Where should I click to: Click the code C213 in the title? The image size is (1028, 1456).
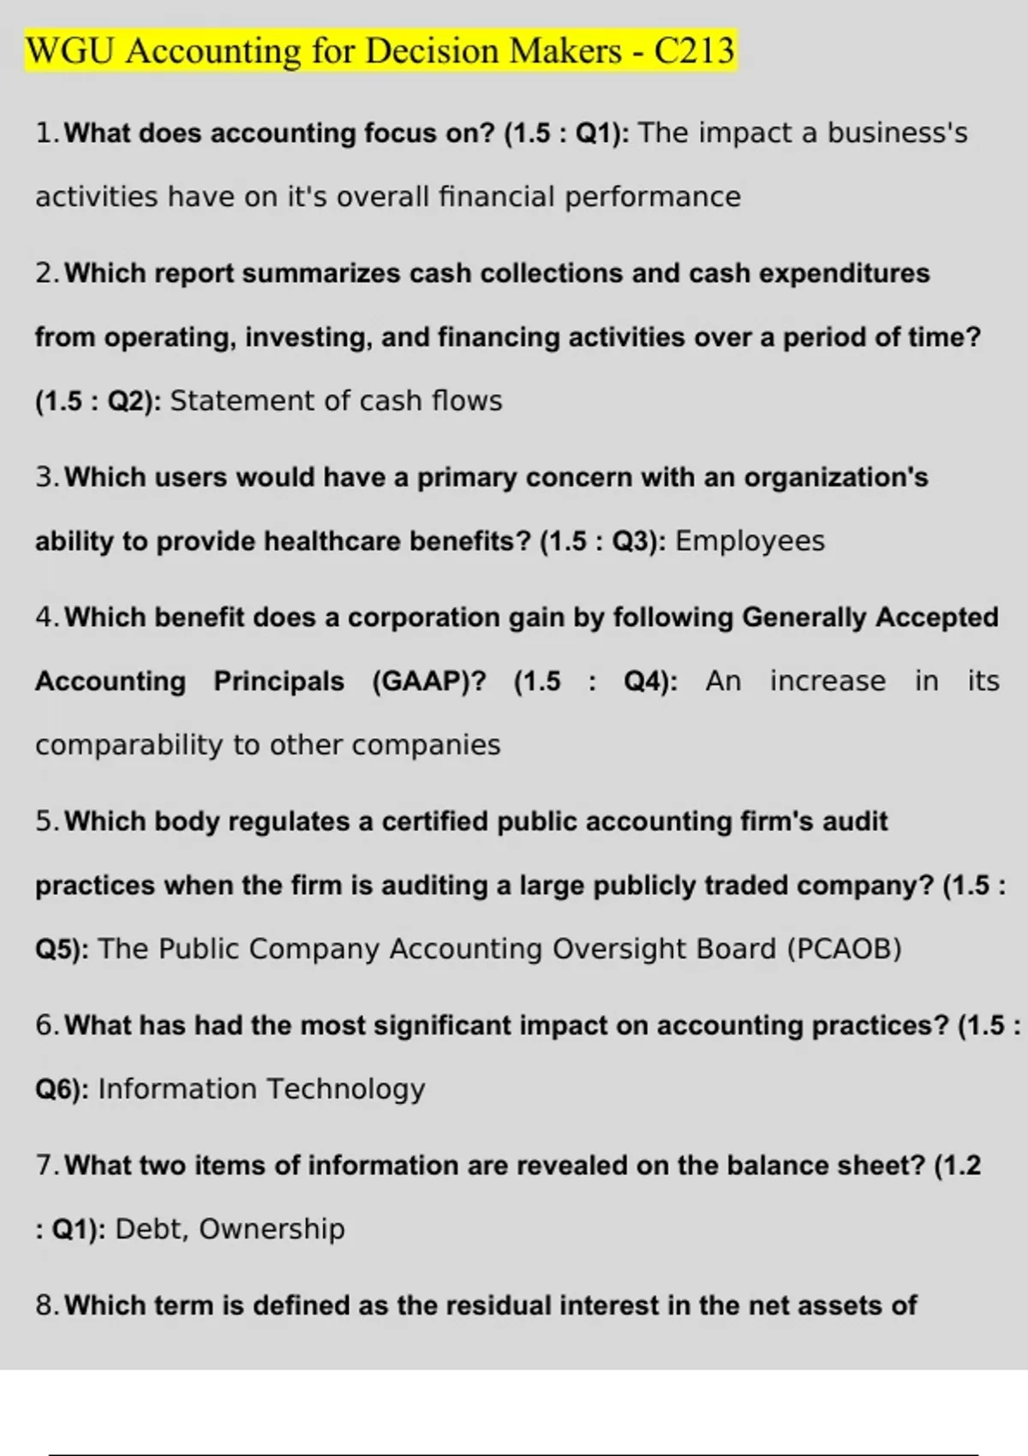click(694, 51)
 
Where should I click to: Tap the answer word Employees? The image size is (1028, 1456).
click(750, 541)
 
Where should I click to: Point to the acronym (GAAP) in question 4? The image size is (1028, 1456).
click(428, 682)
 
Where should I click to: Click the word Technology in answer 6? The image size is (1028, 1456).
click(346, 1089)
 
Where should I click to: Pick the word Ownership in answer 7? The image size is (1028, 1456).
click(272, 1229)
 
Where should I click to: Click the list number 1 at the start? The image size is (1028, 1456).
click(45, 134)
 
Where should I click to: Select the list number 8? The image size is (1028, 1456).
click(45, 1305)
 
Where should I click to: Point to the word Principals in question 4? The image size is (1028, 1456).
click(278, 682)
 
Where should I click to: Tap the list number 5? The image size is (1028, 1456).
click(45, 821)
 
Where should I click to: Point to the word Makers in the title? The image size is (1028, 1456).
click(565, 51)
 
